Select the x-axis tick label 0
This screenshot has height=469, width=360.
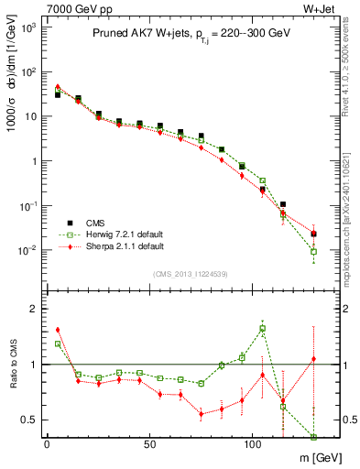pos(47,444)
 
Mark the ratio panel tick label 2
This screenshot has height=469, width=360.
pos(30,309)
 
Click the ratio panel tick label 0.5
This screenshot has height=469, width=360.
pos(27,420)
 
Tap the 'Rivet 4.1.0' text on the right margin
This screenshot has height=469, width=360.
pos(352,55)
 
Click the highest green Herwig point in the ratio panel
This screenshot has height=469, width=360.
pos(263,328)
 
